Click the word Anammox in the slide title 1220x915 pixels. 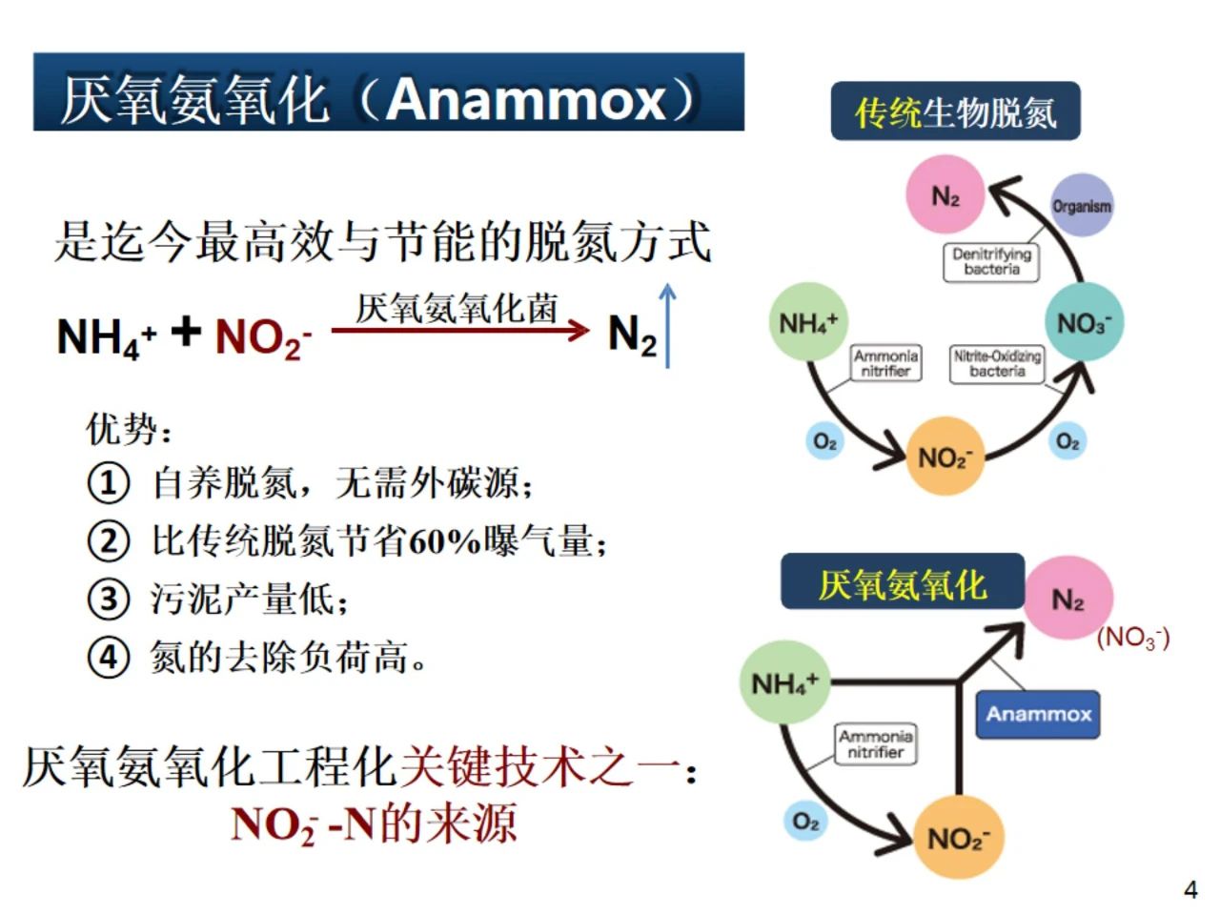(526, 99)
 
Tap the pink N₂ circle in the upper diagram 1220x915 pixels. (945, 196)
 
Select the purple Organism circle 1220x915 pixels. (1081, 205)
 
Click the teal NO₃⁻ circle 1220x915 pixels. (1084, 323)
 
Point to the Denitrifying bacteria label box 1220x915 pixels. (991, 262)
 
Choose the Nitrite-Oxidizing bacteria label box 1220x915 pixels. (997, 363)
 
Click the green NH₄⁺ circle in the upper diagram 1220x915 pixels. (807, 322)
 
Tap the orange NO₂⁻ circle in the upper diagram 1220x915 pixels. (944, 457)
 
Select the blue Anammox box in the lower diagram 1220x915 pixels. (1038, 714)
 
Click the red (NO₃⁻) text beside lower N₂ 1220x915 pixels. (1133, 638)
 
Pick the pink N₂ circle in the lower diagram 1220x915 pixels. (1067, 600)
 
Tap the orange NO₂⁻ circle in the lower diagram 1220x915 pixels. (956, 838)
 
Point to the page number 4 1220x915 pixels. (1190, 889)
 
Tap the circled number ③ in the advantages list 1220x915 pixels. (108, 599)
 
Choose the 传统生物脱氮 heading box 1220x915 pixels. (955, 112)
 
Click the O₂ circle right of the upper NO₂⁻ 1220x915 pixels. (1067, 442)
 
